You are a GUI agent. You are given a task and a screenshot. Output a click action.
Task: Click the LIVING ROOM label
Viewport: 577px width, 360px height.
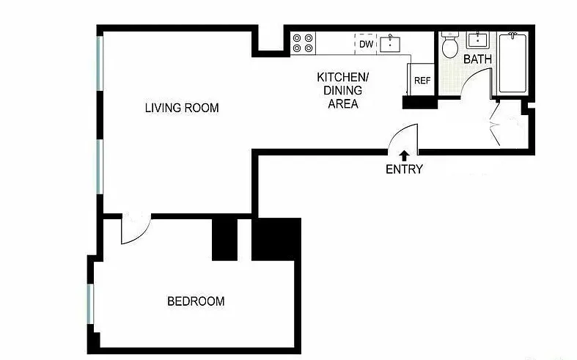coord(182,108)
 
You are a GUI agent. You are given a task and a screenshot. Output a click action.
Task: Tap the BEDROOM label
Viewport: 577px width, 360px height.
coord(196,301)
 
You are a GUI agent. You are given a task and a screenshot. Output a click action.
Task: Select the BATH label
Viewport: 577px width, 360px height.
coord(477,59)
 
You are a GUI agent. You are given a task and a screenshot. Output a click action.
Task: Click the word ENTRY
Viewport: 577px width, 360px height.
coord(404,169)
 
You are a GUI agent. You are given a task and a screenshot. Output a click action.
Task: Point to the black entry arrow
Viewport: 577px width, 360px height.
coord(404,155)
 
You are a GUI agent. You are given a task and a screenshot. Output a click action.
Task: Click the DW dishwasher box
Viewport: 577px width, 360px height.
coord(367,44)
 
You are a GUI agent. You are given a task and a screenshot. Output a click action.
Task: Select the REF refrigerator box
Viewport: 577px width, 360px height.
coord(422,81)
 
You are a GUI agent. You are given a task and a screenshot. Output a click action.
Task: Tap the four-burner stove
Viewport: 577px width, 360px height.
coord(304,43)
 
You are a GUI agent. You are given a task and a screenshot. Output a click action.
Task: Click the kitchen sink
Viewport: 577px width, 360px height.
coord(392,43)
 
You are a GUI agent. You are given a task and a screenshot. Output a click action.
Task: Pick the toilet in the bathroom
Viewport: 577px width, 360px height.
coord(450,46)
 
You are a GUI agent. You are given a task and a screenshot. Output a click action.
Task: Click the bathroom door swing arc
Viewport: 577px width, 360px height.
coord(475,87)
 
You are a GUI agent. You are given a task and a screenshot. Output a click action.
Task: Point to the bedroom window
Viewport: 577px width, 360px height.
coord(90,303)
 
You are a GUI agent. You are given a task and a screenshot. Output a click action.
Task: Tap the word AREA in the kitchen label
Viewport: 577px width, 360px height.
coord(342,103)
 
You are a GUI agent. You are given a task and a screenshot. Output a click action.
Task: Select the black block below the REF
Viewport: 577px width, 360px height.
coord(419,103)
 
